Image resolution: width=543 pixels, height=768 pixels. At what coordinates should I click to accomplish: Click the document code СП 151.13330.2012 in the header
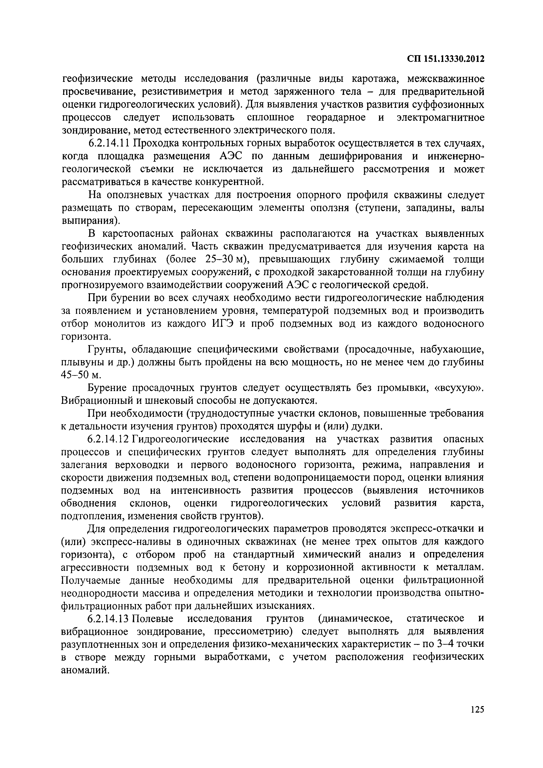point(446,59)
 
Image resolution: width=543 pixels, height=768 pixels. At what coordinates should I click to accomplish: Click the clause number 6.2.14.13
point(109,619)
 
